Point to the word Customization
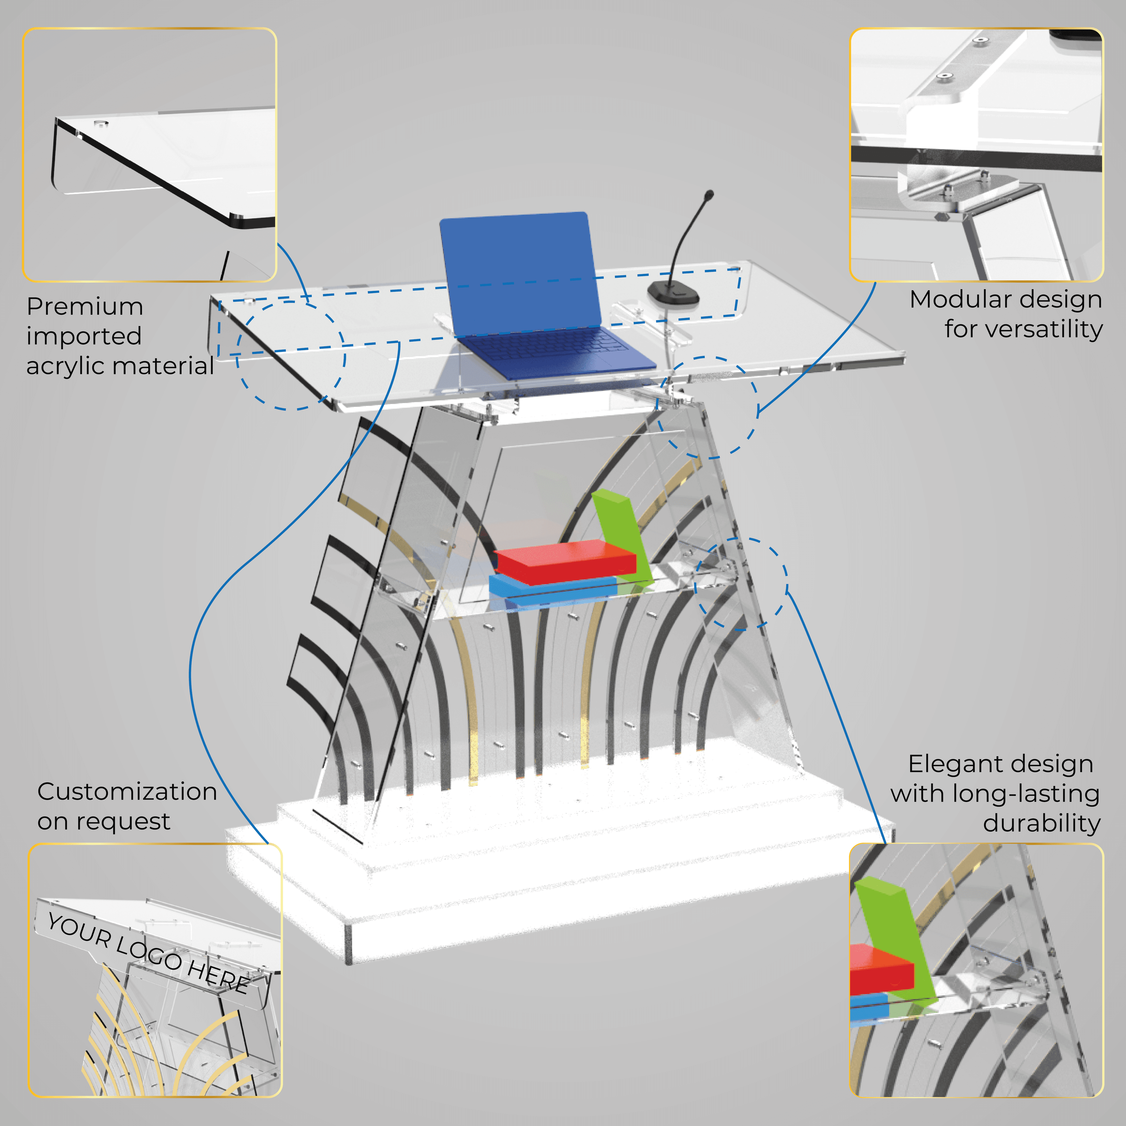pos(127,792)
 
